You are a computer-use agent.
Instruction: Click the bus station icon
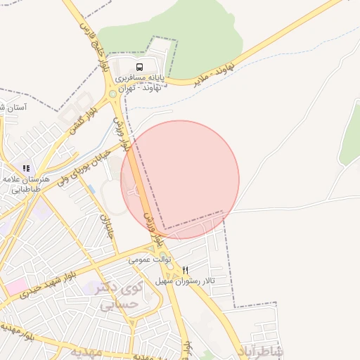pyautogui.click(x=139, y=67)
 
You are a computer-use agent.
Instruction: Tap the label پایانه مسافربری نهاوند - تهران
pyautogui.click(x=139, y=82)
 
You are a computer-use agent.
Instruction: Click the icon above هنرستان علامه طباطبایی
pyautogui.click(x=26, y=169)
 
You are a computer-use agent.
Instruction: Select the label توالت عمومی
pyautogui.click(x=150, y=259)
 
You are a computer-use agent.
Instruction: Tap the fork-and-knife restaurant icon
pyautogui.click(x=186, y=270)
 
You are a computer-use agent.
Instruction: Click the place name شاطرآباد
pyautogui.click(x=261, y=351)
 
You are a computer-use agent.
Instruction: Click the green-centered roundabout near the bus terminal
pyautogui.click(x=112, y=94)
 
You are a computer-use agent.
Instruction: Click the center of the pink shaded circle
pyautogui.click(x=180, y=180)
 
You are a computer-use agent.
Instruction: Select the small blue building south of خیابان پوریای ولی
pyautogui.click(x=91, y=189)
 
